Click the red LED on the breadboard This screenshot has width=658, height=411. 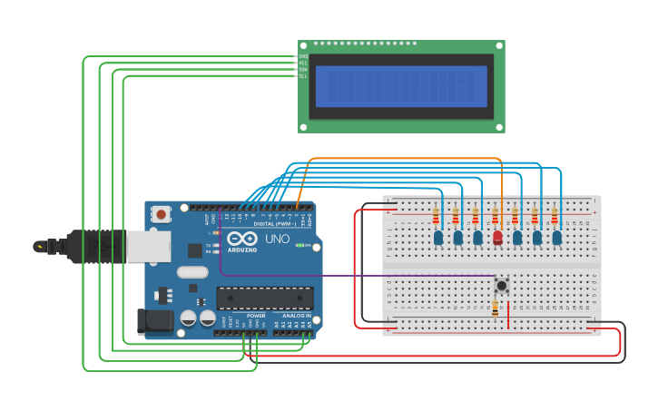click(497, 238)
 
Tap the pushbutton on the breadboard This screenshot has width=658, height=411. click(501, 285)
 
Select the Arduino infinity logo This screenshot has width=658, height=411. click(241, 239)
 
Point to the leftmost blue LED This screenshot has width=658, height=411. click(438, 238)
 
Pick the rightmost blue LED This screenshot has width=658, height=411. click(556, 238)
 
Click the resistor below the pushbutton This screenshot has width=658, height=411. click(495, 309)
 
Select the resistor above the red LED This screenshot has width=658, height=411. click(496, 216)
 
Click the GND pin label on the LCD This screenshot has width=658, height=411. click(303, 56)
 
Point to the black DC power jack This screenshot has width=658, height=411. click(152, 321)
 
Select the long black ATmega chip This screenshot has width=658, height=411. click(264, 298)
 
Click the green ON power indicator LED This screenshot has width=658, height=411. click(309, 246)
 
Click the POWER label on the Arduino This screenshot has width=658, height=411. click(256, 317)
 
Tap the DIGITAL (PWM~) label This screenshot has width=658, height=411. click(271, 223)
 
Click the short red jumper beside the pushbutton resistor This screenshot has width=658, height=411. click(508, 313)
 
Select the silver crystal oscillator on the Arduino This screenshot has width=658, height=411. click(192, 271)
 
